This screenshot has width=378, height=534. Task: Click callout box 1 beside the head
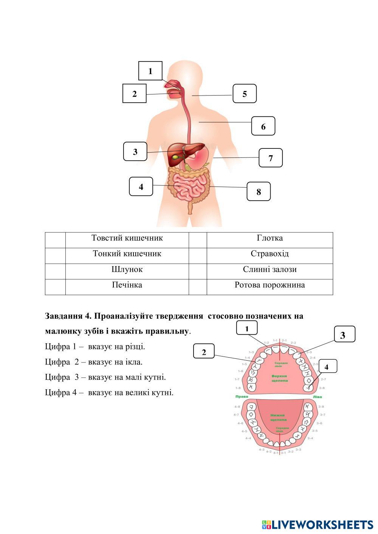pyautogui.click(x=150, y=71)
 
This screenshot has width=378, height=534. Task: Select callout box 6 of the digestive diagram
pyautogui.click(x=263, y=126)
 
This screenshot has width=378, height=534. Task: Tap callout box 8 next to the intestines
pyautogui.click(x=259, y=191)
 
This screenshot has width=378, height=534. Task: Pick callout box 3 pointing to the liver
pyautogui.click(x=135, y=152)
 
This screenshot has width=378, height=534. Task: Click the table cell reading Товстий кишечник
pyautogui.click(x=127, y=238)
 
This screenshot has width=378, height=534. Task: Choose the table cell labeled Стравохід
pyautogui.click(x=270, y=254)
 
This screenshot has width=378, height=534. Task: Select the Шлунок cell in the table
pyautogui.click(x=127, y=270)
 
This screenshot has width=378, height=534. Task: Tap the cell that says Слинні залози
pyautogui.click(x=270, y=270)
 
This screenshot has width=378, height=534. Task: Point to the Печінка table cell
pyautogui.click(x=127, y=285)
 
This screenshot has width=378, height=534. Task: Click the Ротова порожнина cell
pyautogui.click(x=270, y=285)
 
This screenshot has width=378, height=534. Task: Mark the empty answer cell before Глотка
pyautogui.click(x=198, y=240)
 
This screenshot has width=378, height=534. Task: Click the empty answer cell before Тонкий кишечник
pyautogui.click(x=55, y=256)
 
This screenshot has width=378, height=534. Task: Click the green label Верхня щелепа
pyautogui.click(x=280, y=378)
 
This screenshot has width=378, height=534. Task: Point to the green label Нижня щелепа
pyautogui.click(x=278, y=417)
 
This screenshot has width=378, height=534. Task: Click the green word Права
pyautogui.click(x=242, y=397)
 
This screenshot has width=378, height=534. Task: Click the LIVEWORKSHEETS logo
pyautogui.click(x=318, y=525)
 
